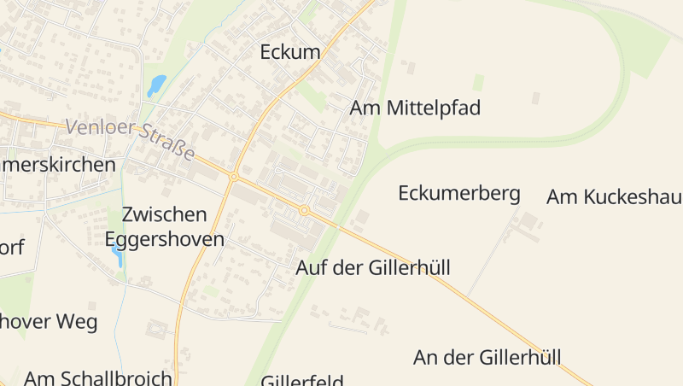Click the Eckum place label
[x=290, y=52]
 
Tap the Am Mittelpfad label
[x=415, y=108]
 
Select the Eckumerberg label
[x=459, y=193]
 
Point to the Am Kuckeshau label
[x=614, y=197]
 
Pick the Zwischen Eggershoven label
[x=165, y=226]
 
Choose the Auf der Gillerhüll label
[x=372, y=267]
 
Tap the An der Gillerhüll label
[x=487, y=357]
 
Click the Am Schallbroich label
[x=98, y=377]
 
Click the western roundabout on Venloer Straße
[x=233, y=177]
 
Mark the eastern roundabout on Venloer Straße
[x=304, y=209]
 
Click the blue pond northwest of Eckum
[x=156, y=85]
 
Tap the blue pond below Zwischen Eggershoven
[x=116, y=255]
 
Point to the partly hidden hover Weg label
[x=49, y=322]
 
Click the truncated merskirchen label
[x=57, y=165]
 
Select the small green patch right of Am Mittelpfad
[x=478, y=81]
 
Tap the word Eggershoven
[x=165, y=238]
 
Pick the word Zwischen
[x=165, y=214]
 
